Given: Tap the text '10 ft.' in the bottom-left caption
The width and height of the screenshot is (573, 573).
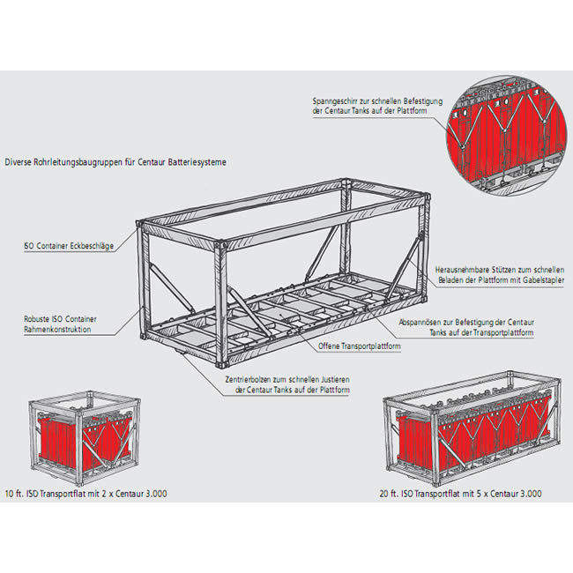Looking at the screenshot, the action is click(15, 494).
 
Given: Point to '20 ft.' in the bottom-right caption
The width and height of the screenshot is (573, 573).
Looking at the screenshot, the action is click(397, 494).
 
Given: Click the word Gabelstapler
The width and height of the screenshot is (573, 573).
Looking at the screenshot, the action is click(540, 280).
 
